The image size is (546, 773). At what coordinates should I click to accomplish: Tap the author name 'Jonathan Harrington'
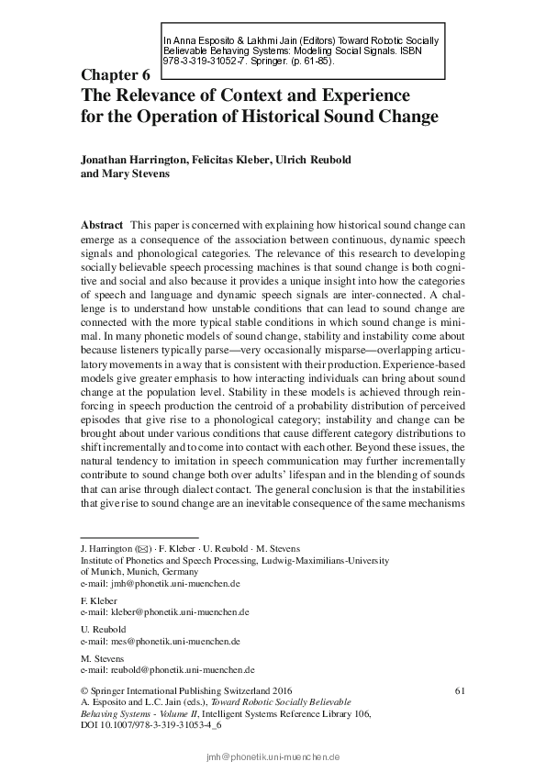(x=134, y=160)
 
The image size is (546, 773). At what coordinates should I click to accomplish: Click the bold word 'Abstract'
(x=102, y=225)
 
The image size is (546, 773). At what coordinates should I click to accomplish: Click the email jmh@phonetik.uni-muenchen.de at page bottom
(x=273, y=757)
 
